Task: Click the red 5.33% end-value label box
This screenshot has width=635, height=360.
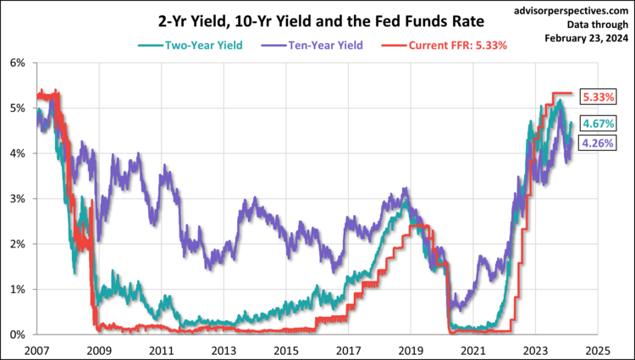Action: tap(598, 97)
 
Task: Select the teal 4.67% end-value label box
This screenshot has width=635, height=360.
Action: tap(598, 124)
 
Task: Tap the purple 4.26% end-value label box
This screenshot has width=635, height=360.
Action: tap(598, 142)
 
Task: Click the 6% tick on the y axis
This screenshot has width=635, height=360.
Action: tap(17, 63)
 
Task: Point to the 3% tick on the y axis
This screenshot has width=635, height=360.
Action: tap(17, 198)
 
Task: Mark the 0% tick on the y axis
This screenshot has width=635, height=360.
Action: tap(17, 335)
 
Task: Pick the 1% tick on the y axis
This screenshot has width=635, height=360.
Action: tap(17, 289)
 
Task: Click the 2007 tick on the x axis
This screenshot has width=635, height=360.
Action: tap(36, 348)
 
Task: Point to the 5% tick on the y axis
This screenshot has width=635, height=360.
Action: tap(17, 108)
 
